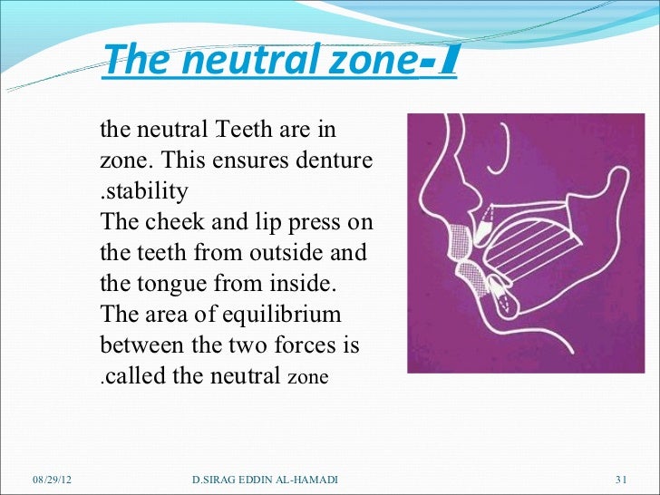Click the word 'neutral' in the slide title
pyautogui.click(x=226, y=63)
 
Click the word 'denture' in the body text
pyautogui.click(x=335, y=162)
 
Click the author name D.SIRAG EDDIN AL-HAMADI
pyautogui.click(x=266, y=479)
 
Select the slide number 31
pyautogui.click(x=622, y=479)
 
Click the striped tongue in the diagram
pyautogui.click(x=535, y=246)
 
